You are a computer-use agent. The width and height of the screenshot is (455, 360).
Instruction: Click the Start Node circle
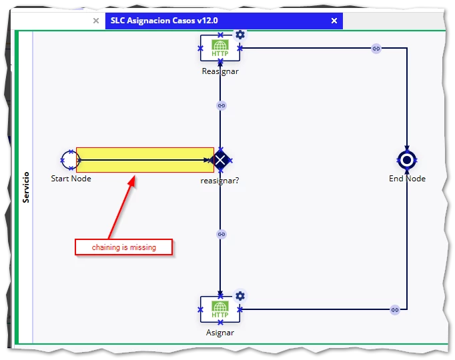[63, 160]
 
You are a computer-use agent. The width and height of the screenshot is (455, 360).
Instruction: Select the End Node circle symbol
[407, 160]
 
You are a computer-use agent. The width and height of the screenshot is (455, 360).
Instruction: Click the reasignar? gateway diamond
[220, 160]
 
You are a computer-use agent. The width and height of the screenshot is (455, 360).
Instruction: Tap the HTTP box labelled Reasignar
[220, 48]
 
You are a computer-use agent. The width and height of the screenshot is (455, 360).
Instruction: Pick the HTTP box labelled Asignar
[220, 309]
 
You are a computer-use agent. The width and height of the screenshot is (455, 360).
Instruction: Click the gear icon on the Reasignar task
[240, 35]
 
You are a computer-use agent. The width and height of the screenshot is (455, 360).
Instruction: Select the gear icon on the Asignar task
[240, 296]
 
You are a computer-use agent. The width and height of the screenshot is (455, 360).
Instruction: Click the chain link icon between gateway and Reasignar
[221, 105]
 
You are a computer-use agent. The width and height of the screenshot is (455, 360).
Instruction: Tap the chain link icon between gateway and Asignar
[221, 234]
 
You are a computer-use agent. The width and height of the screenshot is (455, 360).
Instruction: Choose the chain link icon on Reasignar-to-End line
[376, 49]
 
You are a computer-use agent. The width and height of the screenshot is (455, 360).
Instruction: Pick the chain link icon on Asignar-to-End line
[395, 310]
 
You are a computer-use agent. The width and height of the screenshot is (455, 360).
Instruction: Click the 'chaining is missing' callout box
[124, 247]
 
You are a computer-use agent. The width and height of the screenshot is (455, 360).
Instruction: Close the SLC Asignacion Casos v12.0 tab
[334, 21]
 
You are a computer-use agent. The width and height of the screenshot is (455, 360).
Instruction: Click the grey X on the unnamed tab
[96, 21]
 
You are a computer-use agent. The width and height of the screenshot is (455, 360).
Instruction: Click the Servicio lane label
[26, 187]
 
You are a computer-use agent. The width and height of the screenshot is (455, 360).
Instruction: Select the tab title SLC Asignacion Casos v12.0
[164, 21]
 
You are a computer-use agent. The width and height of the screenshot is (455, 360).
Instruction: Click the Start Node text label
[71, 179]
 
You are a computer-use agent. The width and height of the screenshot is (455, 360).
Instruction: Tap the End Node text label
[407, 179]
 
